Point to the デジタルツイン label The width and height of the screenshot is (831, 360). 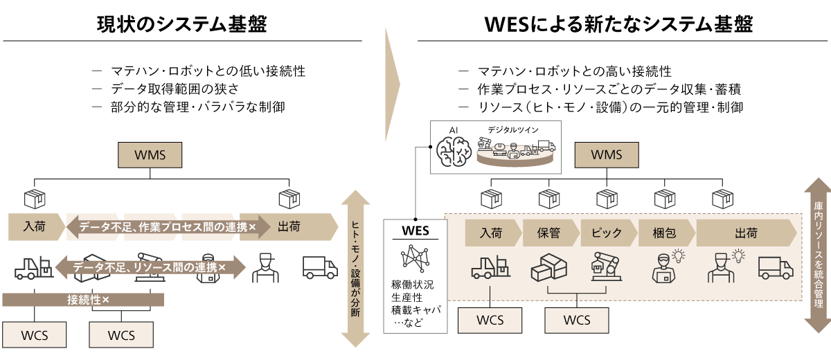(x=512, y=129)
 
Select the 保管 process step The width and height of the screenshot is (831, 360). (x=548, y=233)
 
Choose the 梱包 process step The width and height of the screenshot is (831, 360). (x=664, y=233)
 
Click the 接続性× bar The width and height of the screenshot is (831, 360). (x=83, y=300)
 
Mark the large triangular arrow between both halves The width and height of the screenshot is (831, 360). (x=392, y=84)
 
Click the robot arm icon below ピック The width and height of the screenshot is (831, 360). (x=606, y=267)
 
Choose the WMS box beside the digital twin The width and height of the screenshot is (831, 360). (x=607, y=154)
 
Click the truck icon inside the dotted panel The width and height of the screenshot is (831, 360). (x=776, y=267)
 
